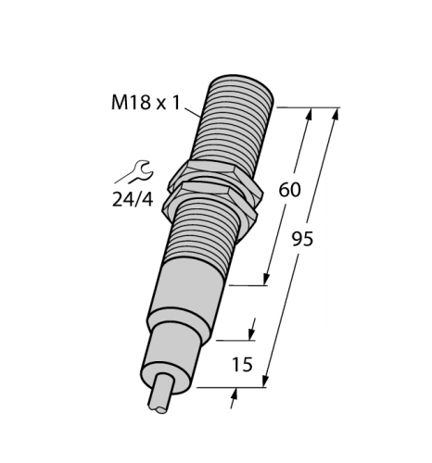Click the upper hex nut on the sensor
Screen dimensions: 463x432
coord(216,174)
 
